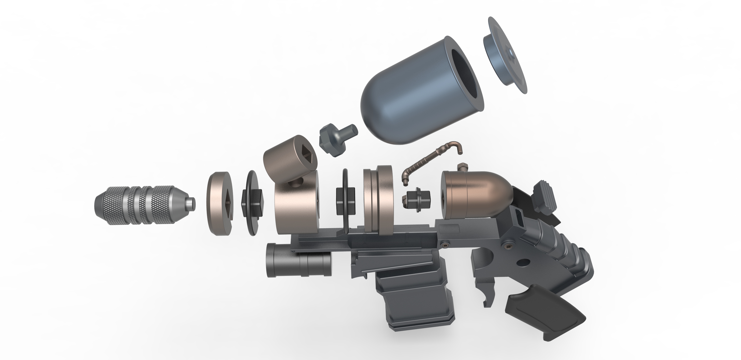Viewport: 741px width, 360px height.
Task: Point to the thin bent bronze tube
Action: pos(431,164)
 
